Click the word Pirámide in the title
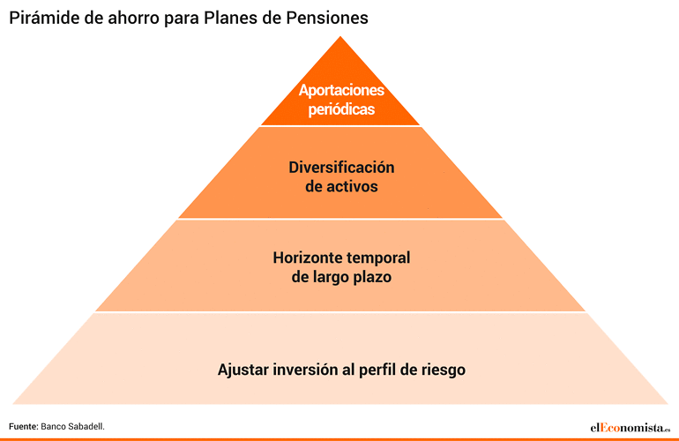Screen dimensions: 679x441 coord(44,18)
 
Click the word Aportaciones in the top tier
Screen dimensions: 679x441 coord(341,90)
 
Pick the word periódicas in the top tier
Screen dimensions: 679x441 coord(341,109)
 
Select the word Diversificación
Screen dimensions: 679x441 coord(341,168)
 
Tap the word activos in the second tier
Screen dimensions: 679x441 coord(352,186)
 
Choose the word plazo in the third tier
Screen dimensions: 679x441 coord(372,277)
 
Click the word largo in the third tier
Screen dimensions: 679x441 coord(331,277)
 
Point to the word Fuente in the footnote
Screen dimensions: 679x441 coord(24,427)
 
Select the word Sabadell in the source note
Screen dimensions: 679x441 coord(86,427)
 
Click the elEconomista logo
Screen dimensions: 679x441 coord(630,428)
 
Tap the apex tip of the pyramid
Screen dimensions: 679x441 coord(340,36)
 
